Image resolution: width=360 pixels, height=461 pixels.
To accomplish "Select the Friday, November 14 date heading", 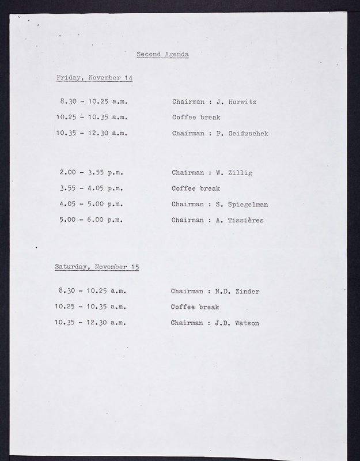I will [94, 77].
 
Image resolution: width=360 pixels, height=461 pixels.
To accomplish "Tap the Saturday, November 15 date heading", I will [97, 267].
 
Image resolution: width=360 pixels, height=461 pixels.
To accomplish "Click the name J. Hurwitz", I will [236, 102].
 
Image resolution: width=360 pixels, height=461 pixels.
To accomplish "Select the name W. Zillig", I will [234, 172].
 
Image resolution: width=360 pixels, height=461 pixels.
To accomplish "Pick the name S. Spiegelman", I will [242, 204].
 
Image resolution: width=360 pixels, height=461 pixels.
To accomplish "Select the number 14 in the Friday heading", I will [128, 77].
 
